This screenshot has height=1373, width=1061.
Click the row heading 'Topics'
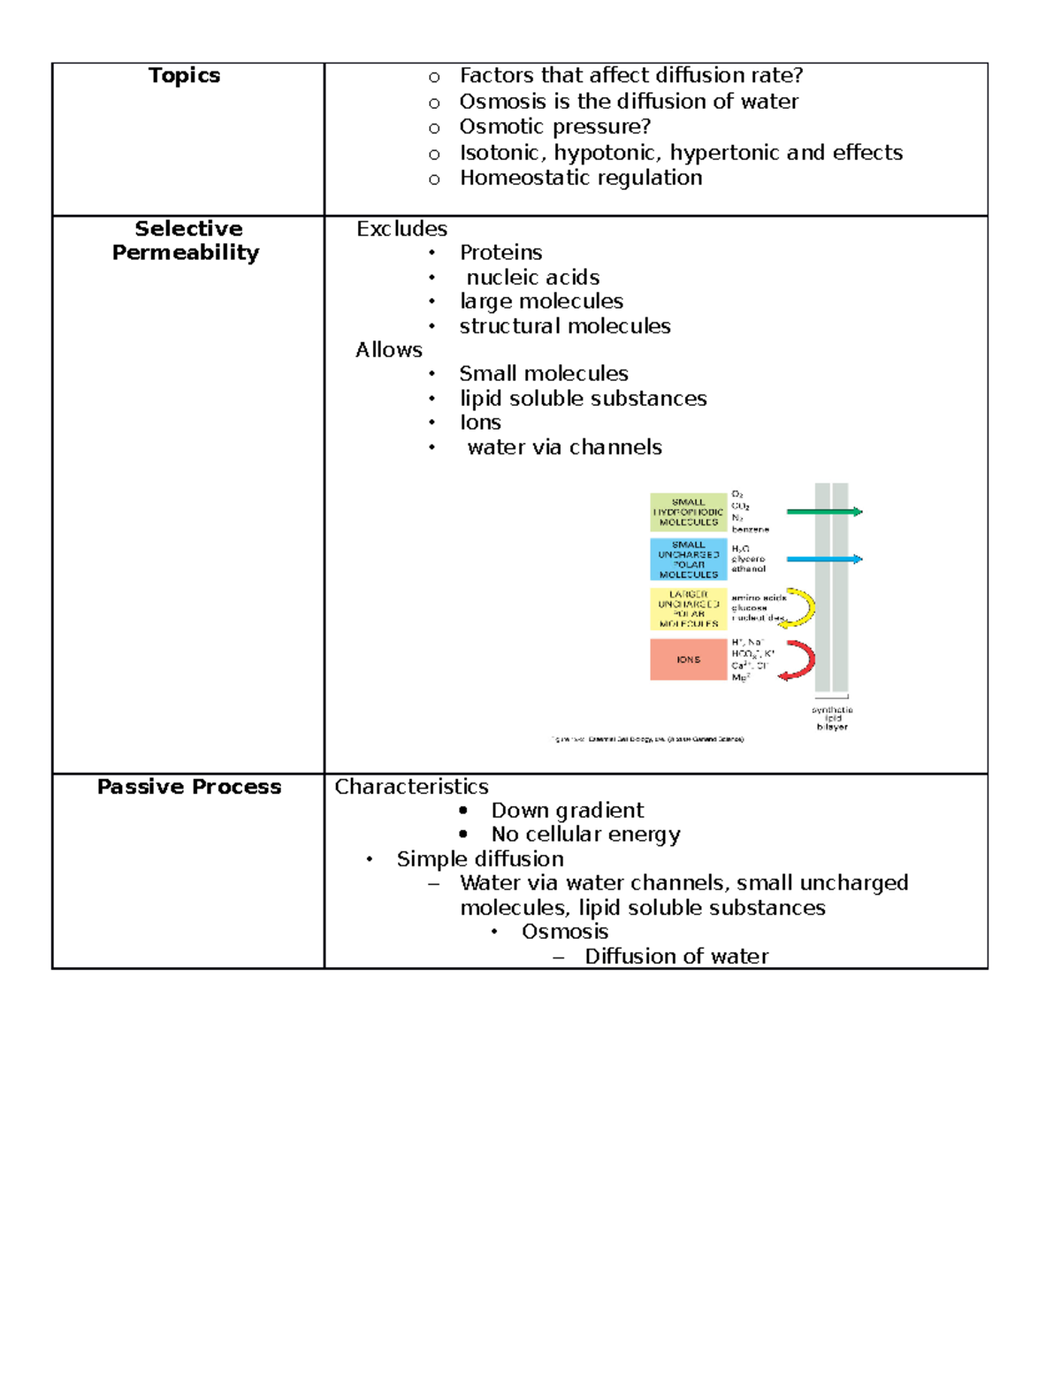184,76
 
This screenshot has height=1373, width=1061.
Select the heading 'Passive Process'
189,787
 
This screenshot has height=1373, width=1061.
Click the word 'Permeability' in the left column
186,253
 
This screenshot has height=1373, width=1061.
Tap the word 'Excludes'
401,229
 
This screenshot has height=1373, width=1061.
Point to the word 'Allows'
389,350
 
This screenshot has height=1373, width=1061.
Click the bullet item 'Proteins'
500,253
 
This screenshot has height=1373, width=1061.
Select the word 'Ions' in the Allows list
480,423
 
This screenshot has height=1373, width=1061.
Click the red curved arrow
802,660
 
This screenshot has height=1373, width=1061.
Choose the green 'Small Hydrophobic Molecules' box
688,512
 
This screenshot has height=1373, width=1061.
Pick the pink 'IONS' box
688,660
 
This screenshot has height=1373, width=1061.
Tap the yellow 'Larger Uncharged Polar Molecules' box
688,609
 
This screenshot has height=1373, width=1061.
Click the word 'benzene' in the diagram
750,529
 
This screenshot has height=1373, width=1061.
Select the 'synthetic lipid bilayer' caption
832,718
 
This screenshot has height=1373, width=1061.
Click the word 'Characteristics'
411,787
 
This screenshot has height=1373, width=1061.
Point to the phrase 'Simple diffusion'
480,859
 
